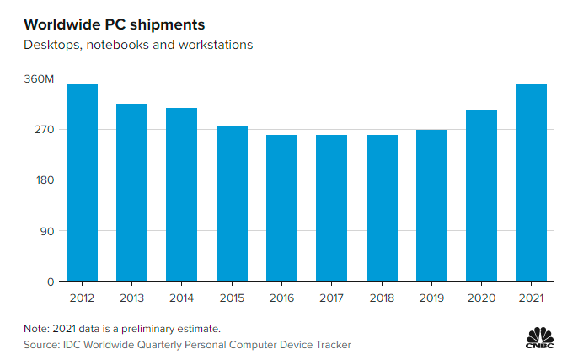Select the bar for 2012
[x=82, y=183]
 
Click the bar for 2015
[x=232, y=203]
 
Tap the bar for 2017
[x=331, y=208]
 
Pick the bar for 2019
[x=431, y=206]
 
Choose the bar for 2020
[x=481, y=196]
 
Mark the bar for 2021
[x=531, y=183]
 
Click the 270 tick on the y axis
[x=44, y=130]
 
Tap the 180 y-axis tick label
[x=44, y=180]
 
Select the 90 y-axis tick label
[x=47, y=231]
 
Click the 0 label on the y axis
[x=51, y=282]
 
